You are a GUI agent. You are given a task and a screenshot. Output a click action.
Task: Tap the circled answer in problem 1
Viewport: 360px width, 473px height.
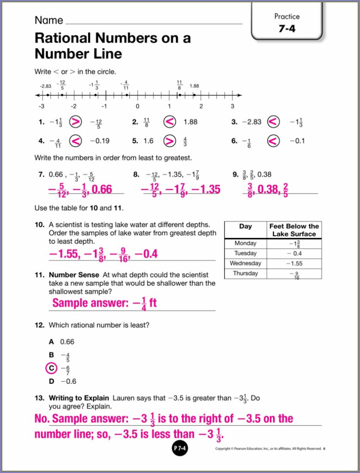click(75, 122)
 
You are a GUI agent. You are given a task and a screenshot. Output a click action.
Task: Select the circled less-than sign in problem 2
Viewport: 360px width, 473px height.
click(170, 122)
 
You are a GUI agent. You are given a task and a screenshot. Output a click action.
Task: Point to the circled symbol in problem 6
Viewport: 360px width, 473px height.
click(274, 141)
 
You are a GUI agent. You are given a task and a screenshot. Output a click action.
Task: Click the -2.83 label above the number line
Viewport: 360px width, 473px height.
click(45, 86)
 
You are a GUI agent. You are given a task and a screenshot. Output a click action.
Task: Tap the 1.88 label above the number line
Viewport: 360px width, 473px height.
click(194, 86)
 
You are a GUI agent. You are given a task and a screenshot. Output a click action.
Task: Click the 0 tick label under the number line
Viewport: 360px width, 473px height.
click(137, 106)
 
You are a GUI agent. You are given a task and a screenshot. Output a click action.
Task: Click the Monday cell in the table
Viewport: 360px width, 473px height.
click(245, 243)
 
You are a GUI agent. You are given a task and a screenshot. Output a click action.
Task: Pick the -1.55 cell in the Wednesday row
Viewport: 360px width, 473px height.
click(294, 263)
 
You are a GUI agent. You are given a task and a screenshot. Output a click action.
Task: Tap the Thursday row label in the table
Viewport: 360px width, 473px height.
click(245, 273)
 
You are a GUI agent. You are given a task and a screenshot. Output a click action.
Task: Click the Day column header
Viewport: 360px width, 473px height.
click(245, 226)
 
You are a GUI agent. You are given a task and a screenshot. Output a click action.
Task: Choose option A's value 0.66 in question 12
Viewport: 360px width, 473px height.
click(67, 342)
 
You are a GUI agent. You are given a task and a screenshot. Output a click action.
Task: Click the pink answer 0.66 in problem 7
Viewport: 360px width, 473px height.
click(102, 189)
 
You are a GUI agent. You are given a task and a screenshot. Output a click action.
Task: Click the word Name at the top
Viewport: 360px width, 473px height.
click(49, 20)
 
